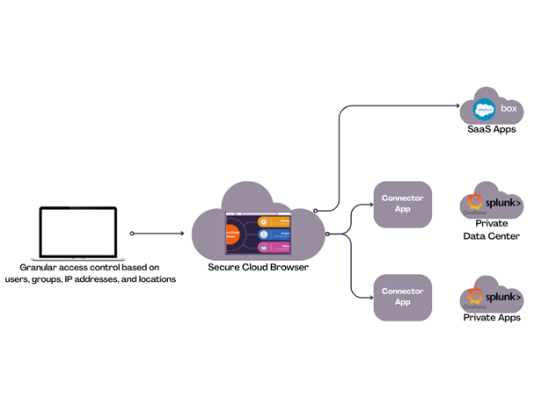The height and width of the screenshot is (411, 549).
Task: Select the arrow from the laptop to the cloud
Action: click(160, 234)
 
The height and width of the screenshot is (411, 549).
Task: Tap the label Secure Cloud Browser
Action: click(258, 267)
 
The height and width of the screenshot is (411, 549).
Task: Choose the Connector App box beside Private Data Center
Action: click(402, 204)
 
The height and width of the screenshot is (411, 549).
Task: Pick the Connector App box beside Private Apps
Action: click(402, 297)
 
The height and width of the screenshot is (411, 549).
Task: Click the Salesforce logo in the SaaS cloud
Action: click(483, 110)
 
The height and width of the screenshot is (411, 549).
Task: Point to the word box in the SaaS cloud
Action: click(509, 109)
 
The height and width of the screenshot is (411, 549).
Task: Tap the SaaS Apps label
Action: click(492, 130)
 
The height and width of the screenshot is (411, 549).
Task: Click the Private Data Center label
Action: click(491, 230)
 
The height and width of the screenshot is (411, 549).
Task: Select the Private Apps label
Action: click(492, 318)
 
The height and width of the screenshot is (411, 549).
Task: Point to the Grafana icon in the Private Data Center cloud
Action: click(476, 204)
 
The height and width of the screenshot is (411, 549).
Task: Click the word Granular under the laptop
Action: click(39, 267)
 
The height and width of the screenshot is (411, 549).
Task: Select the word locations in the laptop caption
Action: click(155, 279)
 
